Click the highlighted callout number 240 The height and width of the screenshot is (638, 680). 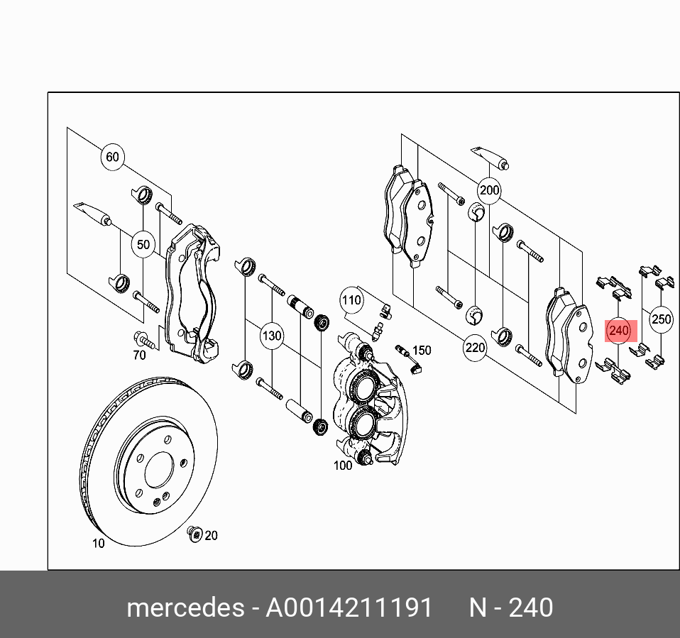point(619,330)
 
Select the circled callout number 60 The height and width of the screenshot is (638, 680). point(112,157)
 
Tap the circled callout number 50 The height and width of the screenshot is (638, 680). point(143,245)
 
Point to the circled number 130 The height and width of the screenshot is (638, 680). point(272,336)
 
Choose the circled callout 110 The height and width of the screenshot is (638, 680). point(351,300)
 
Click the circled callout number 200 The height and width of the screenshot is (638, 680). point(490,190)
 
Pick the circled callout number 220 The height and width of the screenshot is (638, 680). point(475,348)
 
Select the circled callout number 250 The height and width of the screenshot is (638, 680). point(661,319)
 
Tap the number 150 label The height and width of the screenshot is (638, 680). point(422,350)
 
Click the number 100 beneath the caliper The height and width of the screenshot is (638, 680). point(343,466)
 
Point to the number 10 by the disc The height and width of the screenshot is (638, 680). point(98,544)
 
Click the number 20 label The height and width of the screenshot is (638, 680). point(211,535)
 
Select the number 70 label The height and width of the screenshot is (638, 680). point(139,354)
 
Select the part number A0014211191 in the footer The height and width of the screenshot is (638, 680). point(349,608)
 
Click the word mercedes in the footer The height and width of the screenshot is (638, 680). point(183,608)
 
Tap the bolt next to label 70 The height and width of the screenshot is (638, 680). point(140,337)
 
